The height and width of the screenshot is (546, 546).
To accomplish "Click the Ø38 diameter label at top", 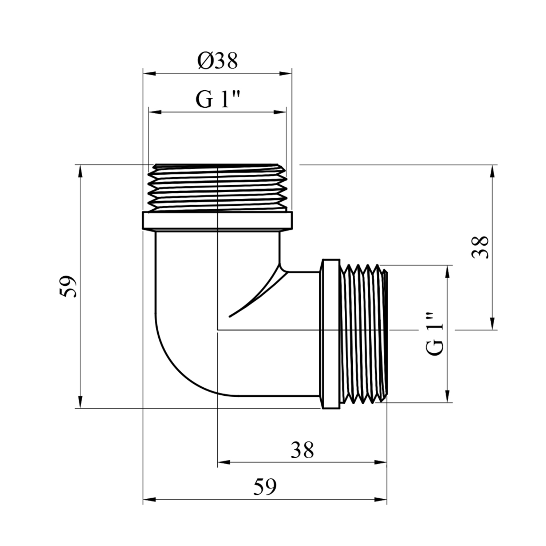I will click(x=218, y=61).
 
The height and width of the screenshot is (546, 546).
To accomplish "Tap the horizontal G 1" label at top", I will click(x=218, y=99).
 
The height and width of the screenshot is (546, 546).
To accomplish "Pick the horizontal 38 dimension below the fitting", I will click(x=302, y=450).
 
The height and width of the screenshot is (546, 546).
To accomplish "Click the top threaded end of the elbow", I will click(x=217, y=188).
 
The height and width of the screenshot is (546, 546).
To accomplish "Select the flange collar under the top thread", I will click(x=217, y=221).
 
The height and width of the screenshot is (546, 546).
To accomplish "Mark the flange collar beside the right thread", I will click(x=331, y=333).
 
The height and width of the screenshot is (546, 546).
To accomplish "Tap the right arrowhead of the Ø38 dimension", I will click(x=286, y=74).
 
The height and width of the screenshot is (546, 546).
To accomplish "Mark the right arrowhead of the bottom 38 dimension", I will click(x=381, y=463).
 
